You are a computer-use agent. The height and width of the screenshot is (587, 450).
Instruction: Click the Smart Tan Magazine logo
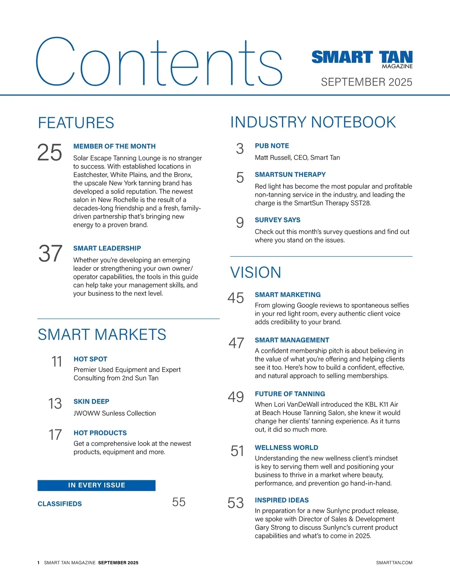[x=362, y=59]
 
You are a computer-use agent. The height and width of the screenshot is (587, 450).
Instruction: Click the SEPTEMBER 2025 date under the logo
[x=366, y=82]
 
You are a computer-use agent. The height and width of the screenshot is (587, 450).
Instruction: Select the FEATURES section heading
[x=76, y=123]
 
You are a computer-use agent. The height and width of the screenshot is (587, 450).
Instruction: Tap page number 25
[x=49, y=153]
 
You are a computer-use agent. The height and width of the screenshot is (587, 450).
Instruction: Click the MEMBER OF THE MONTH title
[x=114, y=146]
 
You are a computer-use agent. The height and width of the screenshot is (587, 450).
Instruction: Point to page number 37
[x=50, y=254]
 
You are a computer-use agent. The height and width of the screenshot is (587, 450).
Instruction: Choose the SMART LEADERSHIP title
[x=107, y=248]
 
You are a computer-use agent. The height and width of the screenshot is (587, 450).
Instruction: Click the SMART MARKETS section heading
[x=102, y=334]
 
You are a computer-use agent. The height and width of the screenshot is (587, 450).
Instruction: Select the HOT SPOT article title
[x=90, y=359]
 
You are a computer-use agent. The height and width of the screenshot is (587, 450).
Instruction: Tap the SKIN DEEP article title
[x=91, y=402]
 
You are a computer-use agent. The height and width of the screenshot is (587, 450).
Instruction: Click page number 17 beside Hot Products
[x=55, y=435]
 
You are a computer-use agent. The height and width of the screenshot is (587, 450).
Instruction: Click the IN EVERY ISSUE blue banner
[x=96, y=485]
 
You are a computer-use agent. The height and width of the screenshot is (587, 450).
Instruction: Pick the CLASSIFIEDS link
[x=60, y=504]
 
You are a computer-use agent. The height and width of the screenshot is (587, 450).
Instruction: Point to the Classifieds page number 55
[x=179, y=502]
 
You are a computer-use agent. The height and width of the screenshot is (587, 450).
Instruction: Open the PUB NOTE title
[x=272, y=146]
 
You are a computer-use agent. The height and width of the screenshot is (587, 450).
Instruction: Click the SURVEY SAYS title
[x=277, y=220]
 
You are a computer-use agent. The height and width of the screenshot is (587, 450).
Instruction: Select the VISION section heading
[x=256, y=272]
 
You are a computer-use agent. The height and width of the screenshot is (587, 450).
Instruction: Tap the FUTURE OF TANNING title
[x=290, y=394]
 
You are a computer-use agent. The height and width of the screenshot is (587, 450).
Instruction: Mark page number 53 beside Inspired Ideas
[x=235, y=503]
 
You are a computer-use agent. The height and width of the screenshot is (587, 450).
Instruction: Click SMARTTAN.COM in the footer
[x=394, y=563]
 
